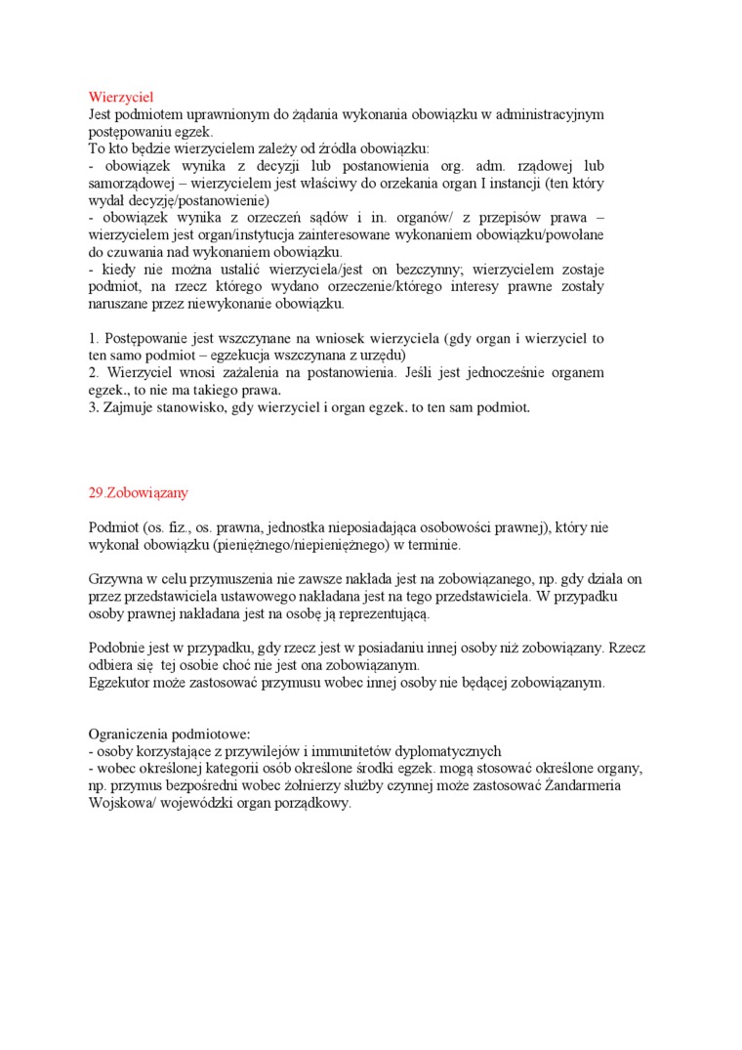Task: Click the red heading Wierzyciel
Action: pos(121,97)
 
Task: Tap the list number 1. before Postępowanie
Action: pos(94,339)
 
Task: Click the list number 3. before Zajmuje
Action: pos(94,407)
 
